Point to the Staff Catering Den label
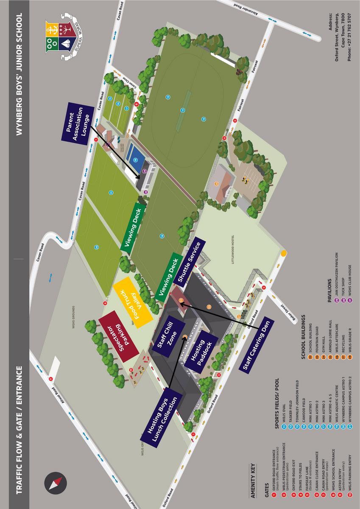click(x=256, y=344)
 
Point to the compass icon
click(x=54, y=484)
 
